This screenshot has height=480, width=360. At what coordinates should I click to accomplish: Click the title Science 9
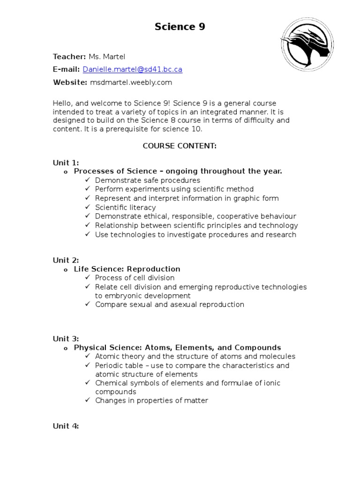click(x=180, y=27)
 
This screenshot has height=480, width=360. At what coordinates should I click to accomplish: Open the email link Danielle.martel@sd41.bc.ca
click(x=132, y=69)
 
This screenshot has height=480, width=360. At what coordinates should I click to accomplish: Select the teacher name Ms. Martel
click(x=107, y=57)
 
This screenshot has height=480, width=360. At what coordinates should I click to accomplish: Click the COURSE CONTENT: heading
click(x=180, y=146)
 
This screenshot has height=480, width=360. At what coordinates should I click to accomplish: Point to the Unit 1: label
click(x=66, y=163)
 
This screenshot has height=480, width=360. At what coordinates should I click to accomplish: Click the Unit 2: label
click(x=66, y=260)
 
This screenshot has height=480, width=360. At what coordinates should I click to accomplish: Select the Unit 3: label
click(x=66, y=339)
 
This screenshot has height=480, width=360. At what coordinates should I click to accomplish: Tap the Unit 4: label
click(x=66, y=426)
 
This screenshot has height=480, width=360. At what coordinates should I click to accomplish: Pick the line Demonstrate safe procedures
click(x=147, y=180)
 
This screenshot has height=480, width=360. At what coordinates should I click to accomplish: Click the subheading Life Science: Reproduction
click(x=127, y=269)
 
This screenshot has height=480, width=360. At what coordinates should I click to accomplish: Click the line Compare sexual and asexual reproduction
click(x=169, y=305)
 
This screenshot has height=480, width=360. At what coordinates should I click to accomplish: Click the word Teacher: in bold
click(x=69, y=57)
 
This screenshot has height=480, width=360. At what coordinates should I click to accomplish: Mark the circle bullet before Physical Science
click(x=65, y=348)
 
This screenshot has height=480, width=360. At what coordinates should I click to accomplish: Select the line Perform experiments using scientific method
click(x=174, y=189)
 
